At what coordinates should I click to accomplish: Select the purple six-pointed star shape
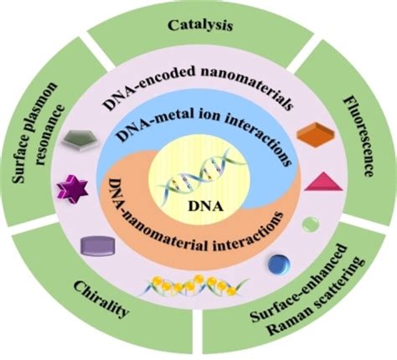(x=70, y=186)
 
